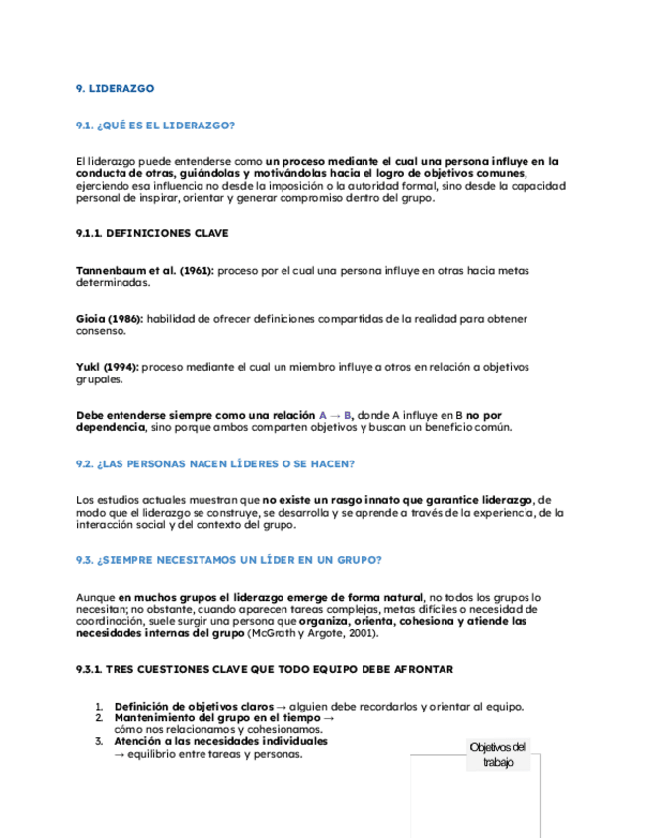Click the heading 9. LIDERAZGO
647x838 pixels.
116,89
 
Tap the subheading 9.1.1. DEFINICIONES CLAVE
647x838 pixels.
151,233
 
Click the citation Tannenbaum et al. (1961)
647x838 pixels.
145,270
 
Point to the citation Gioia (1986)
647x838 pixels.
110,318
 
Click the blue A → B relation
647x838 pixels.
336,415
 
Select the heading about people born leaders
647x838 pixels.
214,463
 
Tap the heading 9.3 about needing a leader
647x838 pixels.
228,560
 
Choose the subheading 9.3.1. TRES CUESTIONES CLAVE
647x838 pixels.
264,669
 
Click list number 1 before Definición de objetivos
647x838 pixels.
99,706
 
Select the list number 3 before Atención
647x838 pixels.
99,741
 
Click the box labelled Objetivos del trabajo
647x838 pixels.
499,754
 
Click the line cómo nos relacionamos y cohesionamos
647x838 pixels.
198,729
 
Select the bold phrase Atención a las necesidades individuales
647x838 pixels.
221,741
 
